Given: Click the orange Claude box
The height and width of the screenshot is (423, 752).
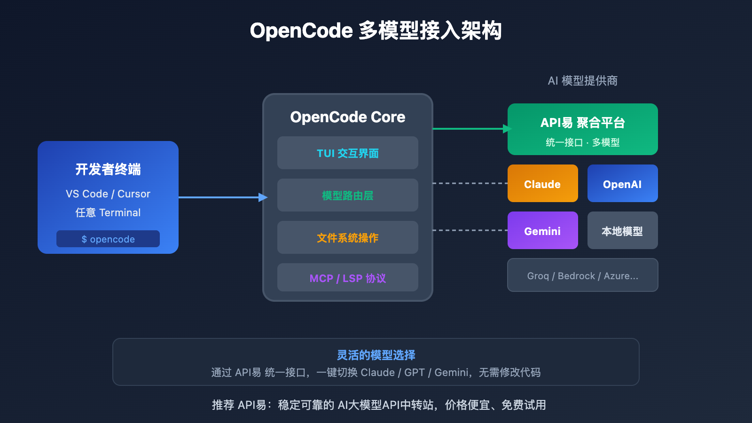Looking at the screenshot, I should (542, 183).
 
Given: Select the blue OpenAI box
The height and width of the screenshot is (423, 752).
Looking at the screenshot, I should (622, 183).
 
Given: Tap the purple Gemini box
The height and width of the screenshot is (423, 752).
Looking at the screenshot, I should (542, 230).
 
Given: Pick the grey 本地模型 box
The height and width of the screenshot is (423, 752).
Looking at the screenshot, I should (622, 230).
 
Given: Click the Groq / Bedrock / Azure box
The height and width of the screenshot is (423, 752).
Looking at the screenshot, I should (582, 275).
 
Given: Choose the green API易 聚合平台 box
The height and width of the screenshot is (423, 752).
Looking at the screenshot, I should (582, 129).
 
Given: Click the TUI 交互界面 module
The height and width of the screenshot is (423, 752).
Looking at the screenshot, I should (347, 153).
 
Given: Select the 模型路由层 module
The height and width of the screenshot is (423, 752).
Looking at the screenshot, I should (347, 195).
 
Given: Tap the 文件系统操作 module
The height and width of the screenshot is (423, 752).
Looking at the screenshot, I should (347, 237).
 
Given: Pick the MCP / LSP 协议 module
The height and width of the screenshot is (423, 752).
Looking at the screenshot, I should (347, 278).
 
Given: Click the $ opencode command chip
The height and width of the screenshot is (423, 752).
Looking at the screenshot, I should (108, 239).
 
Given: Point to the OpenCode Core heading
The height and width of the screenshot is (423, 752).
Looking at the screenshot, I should (347, 117).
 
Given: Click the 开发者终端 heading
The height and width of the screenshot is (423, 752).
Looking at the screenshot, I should (108, 169).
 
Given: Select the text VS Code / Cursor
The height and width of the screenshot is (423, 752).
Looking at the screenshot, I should (108, 194).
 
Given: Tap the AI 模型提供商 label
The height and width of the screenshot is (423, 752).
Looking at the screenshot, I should (582, 81).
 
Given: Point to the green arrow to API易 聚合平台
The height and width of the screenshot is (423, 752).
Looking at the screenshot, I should (470, 128).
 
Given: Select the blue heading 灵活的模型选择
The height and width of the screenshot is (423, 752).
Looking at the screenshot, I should (376, 355).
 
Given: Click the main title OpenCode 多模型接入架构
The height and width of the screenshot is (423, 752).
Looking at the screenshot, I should (376, 31).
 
